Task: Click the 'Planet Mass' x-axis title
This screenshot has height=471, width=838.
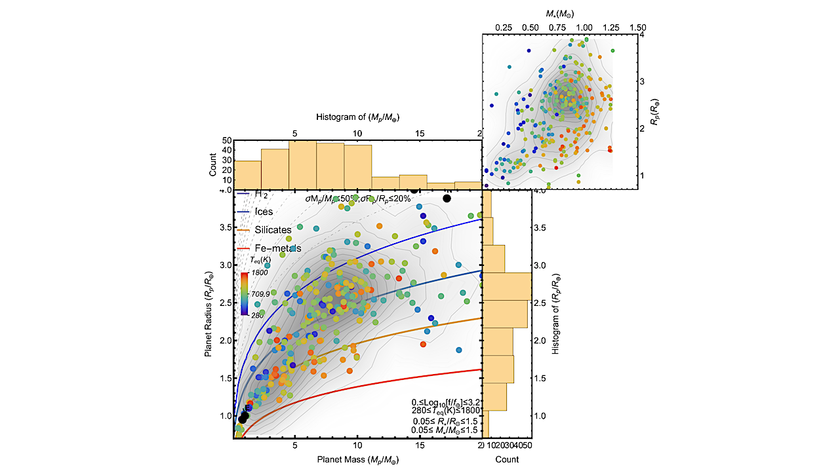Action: [357, 461]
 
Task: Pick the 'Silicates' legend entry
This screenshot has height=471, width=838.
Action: [273, 230]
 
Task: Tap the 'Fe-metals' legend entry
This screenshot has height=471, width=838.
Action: [276, 248]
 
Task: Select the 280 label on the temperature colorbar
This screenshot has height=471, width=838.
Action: [258, 315]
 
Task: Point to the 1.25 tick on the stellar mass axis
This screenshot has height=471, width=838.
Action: [611, 28]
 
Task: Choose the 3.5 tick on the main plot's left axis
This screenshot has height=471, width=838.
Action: [223, 227]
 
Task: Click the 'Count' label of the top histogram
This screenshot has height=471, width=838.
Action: [212, 164]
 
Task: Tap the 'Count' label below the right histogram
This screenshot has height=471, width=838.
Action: [506, 459]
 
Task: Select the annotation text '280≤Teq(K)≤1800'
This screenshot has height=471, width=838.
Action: [446, 410]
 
